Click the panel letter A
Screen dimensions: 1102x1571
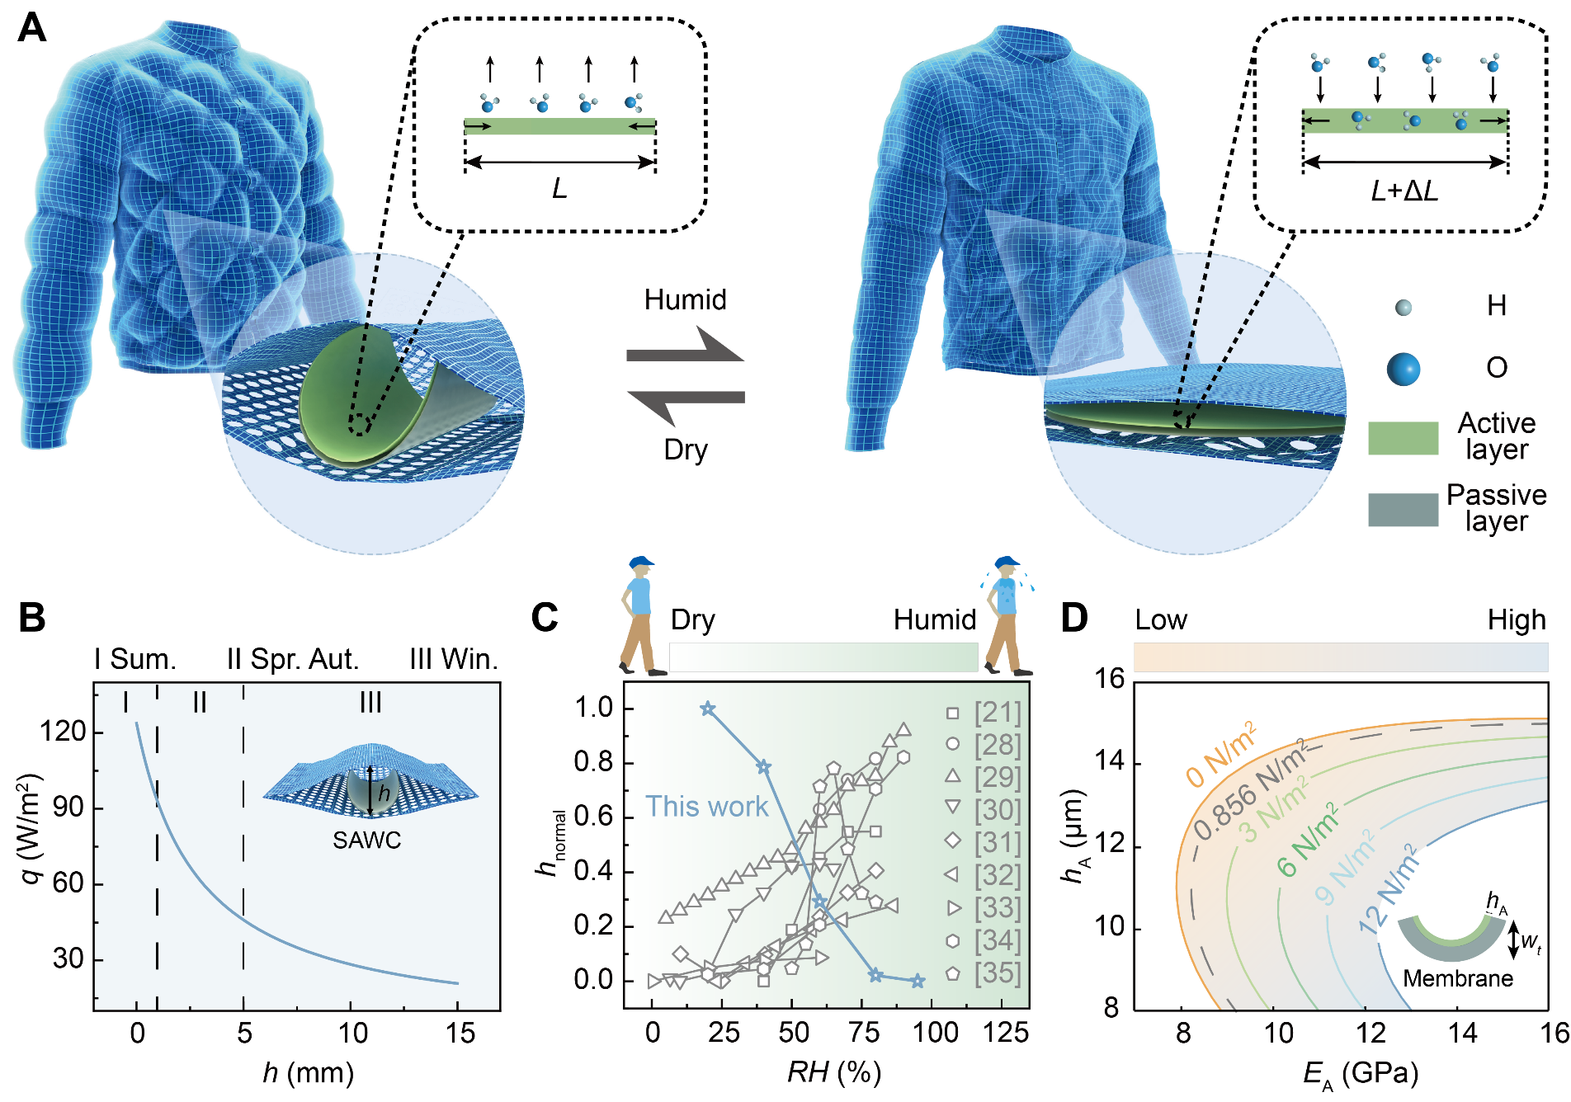[x=31, y=28]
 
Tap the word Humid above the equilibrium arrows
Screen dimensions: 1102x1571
[x=685, y=299]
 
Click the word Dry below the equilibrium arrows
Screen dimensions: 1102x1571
[x=686, y=450]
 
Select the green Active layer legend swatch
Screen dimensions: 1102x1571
[x=1403, y=438]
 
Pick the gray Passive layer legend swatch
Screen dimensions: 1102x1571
[x=1403, y=509]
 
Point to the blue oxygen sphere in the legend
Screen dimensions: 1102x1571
[x=1403, y=368]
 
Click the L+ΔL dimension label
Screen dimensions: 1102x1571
[x=1404, y=191]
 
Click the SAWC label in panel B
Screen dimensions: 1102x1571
[x=367, y=841]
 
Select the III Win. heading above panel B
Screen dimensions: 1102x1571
[x=454, y=660]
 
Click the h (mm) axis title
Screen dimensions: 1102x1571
[x=308, y=1072]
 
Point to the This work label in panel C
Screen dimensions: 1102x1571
[x=706, y=806]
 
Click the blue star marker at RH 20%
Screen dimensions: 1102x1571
[x=707, y=709]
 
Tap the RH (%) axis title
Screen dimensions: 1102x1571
[x=834, y=1072]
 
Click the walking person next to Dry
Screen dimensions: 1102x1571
[x=639, y=615]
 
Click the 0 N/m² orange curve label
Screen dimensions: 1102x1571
[x=1222, y=754]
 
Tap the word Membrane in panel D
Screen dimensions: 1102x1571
[x=1458, y=978]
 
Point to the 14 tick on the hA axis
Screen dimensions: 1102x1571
[x=1111, y=761]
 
